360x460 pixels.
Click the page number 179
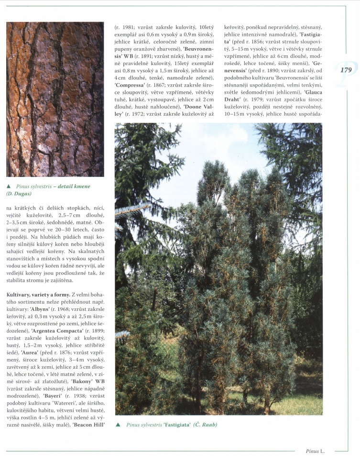(x=346, y=70)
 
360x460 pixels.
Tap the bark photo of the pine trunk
(x=55, y=99)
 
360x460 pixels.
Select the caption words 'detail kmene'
(x=74, y=186)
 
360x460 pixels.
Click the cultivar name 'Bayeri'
(x=53, y=395)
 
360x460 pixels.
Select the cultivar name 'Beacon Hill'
(x=88, y=425)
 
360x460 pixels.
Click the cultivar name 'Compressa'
(x=130, y=85)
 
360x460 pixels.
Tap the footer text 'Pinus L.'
(x=316, y=450)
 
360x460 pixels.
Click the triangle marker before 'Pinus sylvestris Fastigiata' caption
(x=118, y=425)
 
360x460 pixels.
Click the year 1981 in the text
(x=125, y=28)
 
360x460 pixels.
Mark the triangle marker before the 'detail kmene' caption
(x=9, y=186)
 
